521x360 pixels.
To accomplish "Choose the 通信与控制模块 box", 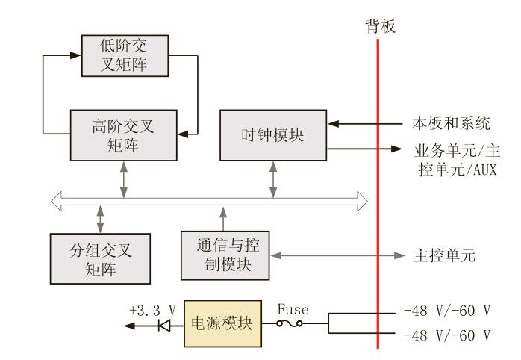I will (225, 255).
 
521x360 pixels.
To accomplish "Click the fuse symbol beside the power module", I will (289, 325).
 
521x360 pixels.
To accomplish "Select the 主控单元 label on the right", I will (444, 255).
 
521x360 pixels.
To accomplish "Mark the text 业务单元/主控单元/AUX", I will (455, 158).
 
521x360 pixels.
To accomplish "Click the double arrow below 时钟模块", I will (273, 179).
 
